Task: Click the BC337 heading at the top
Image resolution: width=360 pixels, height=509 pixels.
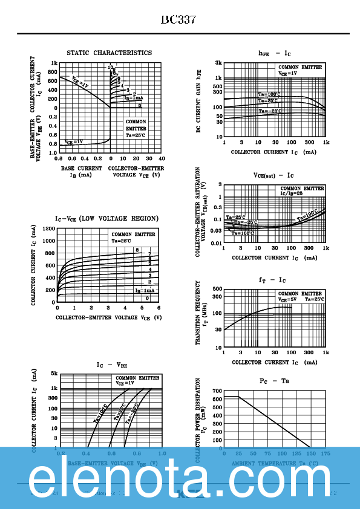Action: (x=178, y=19)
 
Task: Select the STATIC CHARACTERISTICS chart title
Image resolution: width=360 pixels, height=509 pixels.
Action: (x=109, y=53)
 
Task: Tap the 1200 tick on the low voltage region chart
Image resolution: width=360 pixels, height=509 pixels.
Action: (x=49, y=230)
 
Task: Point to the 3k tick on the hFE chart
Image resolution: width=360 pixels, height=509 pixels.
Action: (x=218, y=63)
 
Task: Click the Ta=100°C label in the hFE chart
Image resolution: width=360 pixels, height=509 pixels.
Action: (x=270, y=94)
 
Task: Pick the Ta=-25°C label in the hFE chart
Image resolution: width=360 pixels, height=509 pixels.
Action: (x=270, y=111)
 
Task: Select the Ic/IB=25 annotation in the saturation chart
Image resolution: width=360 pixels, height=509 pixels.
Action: (x=291, y=193)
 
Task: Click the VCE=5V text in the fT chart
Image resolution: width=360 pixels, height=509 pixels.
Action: (x=287, y=299)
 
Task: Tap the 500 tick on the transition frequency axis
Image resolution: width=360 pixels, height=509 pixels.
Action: (x=218, y=289)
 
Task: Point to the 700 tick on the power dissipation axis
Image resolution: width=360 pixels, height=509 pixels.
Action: (x=217, y=391)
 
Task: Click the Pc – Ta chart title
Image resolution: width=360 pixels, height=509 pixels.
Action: (x=274, y=381)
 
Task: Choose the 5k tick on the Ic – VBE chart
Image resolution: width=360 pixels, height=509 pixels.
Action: (x=53, y=374)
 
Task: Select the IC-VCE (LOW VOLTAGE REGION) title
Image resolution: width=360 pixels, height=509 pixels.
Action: (x=106, y=218)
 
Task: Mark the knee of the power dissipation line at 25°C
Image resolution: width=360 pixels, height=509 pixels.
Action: (x=238, y=397)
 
